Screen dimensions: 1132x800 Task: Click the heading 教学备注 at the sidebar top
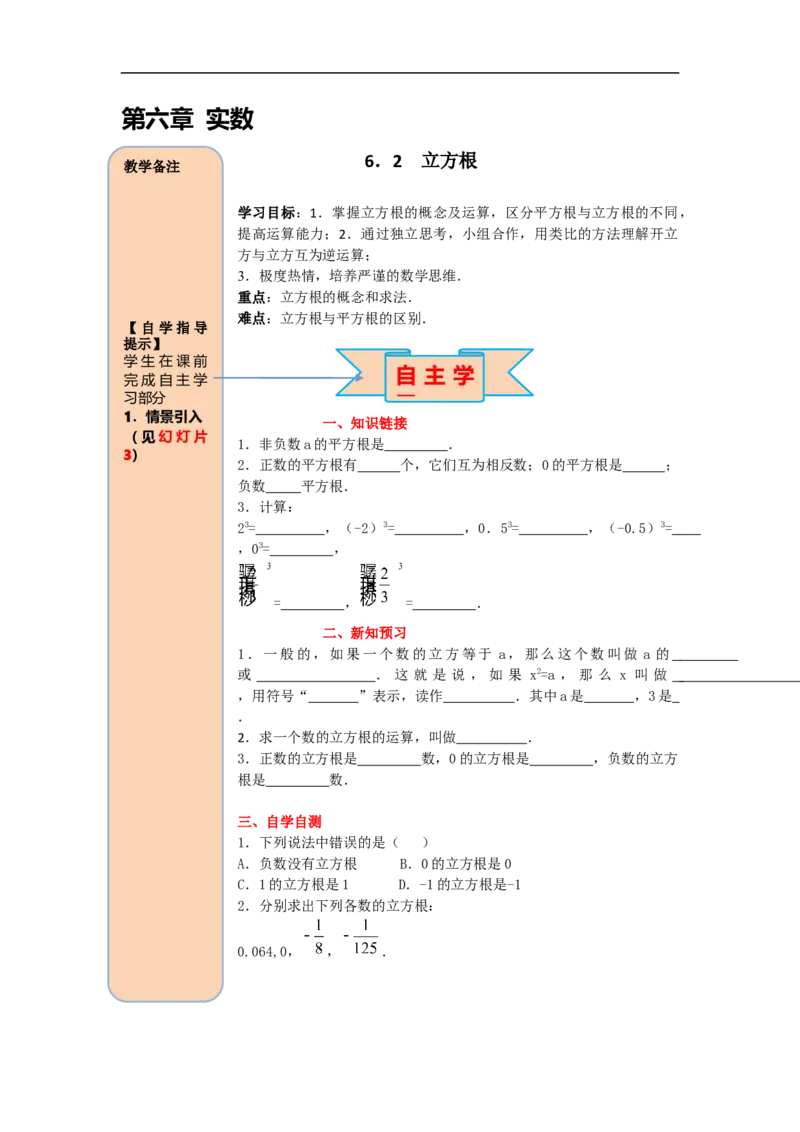pos(152,167)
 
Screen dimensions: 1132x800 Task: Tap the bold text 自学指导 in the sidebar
pos(174,327)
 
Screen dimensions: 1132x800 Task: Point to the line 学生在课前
pos(165,361)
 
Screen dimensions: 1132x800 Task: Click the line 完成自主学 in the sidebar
pos(165,380)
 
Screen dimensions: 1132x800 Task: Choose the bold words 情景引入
pos(174,417)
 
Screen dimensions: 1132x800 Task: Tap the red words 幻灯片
pos(182,436)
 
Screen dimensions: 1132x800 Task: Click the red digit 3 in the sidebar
pos(127,455)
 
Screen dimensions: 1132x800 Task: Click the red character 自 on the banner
pos(406,376)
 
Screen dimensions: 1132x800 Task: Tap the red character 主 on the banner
pos(435,376)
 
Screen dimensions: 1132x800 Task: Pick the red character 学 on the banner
pos(464,376)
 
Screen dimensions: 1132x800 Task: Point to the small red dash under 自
pos(406,396)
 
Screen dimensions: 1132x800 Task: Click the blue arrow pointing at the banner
pos(280,379)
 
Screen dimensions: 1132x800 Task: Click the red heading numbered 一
pos(364,424)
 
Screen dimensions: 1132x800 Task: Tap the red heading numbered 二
pos(364,632)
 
